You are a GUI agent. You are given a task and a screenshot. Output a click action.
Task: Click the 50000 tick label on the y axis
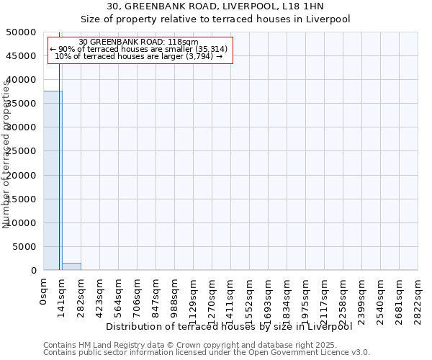pos(22,32)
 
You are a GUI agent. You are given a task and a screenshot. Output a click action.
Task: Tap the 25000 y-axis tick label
pos(22,151)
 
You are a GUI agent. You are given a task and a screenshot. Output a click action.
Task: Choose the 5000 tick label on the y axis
pos(25,247)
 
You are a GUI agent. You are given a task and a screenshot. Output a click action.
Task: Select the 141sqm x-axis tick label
pos(63,297)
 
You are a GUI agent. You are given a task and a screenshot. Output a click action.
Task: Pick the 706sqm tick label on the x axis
pos(138,297)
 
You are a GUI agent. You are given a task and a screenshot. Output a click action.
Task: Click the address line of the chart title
pos(215,6)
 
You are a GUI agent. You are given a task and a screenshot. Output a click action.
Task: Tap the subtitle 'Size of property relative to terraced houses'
pos(215,19)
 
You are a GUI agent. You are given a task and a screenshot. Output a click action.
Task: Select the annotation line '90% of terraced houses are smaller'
pos(139,49)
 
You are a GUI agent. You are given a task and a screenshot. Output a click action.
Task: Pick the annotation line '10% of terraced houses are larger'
pos(139,56)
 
